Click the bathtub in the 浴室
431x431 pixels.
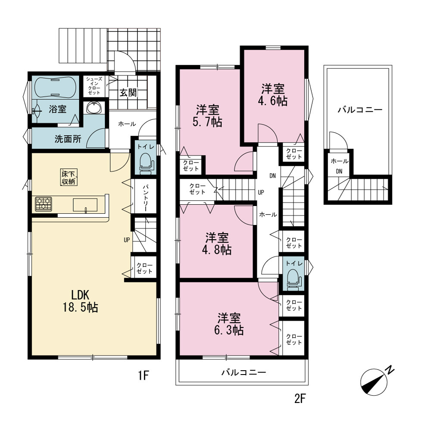click(55, 87)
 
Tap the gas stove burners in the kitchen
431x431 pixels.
click(44, 204)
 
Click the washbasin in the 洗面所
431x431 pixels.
click(94, 107)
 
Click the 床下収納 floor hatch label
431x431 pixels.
click(69, 177)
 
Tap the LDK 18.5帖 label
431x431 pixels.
click(81, 301)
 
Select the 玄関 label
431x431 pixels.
click(128, 92)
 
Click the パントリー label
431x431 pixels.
click(145, 198)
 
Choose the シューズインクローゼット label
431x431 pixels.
click(94, 86)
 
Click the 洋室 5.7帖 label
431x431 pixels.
click(208, 116)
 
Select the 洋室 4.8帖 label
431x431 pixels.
click(217, 244)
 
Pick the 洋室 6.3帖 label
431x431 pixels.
click(229, 324)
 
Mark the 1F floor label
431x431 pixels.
click(144, 375)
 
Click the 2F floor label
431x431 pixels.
click(300, 398)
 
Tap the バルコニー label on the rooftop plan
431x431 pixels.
click(360, 110)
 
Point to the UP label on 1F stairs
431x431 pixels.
click(127, 240)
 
